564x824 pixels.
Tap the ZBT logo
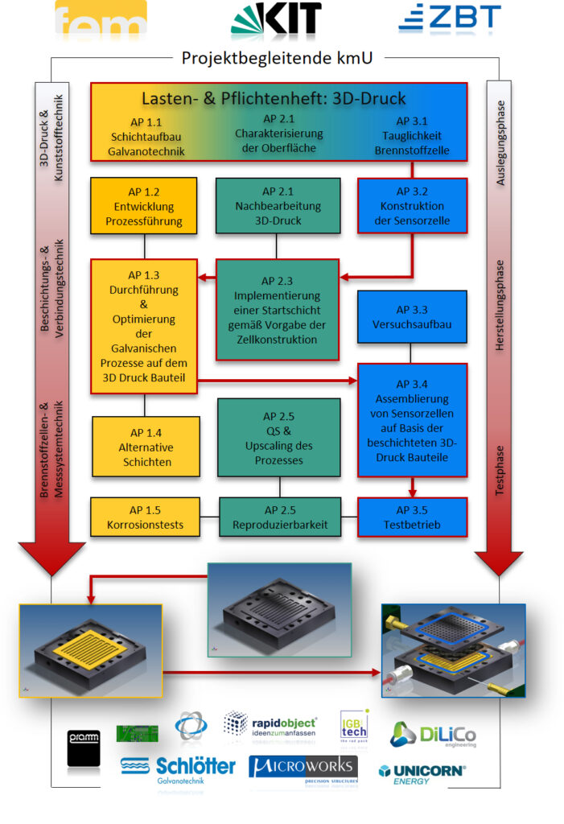[x=450, y=18]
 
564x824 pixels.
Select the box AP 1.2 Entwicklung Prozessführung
[x=143, y=206]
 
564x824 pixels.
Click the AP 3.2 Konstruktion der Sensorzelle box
[x=412, y=206]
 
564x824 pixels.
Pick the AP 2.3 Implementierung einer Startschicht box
[x=278, y=310]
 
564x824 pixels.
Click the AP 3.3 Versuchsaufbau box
[x=412, y=317]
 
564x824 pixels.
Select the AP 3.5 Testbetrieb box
[x=412, y=517]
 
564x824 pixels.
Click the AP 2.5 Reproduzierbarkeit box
[x=279, y=517]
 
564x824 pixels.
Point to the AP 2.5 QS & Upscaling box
[x=279, y=438]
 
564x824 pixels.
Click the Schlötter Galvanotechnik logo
[x=178, y=768]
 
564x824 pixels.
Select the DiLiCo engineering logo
[x=433, y=735]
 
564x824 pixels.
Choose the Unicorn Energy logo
[x=422, y=774]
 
